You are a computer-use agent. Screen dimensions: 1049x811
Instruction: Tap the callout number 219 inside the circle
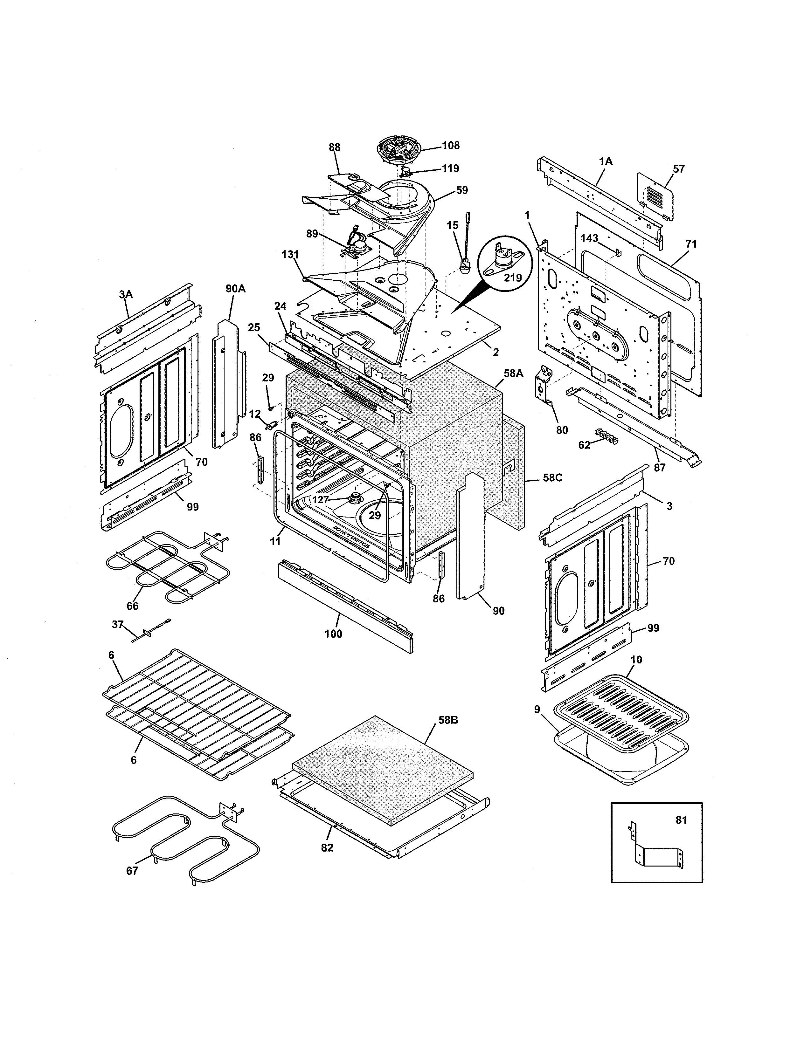coord(513,277)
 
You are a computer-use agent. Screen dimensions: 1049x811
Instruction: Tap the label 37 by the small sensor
coord(118,624)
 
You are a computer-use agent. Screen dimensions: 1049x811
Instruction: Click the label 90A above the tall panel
coord(235,288)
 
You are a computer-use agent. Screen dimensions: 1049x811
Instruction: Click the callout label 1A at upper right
coord(606,161)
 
